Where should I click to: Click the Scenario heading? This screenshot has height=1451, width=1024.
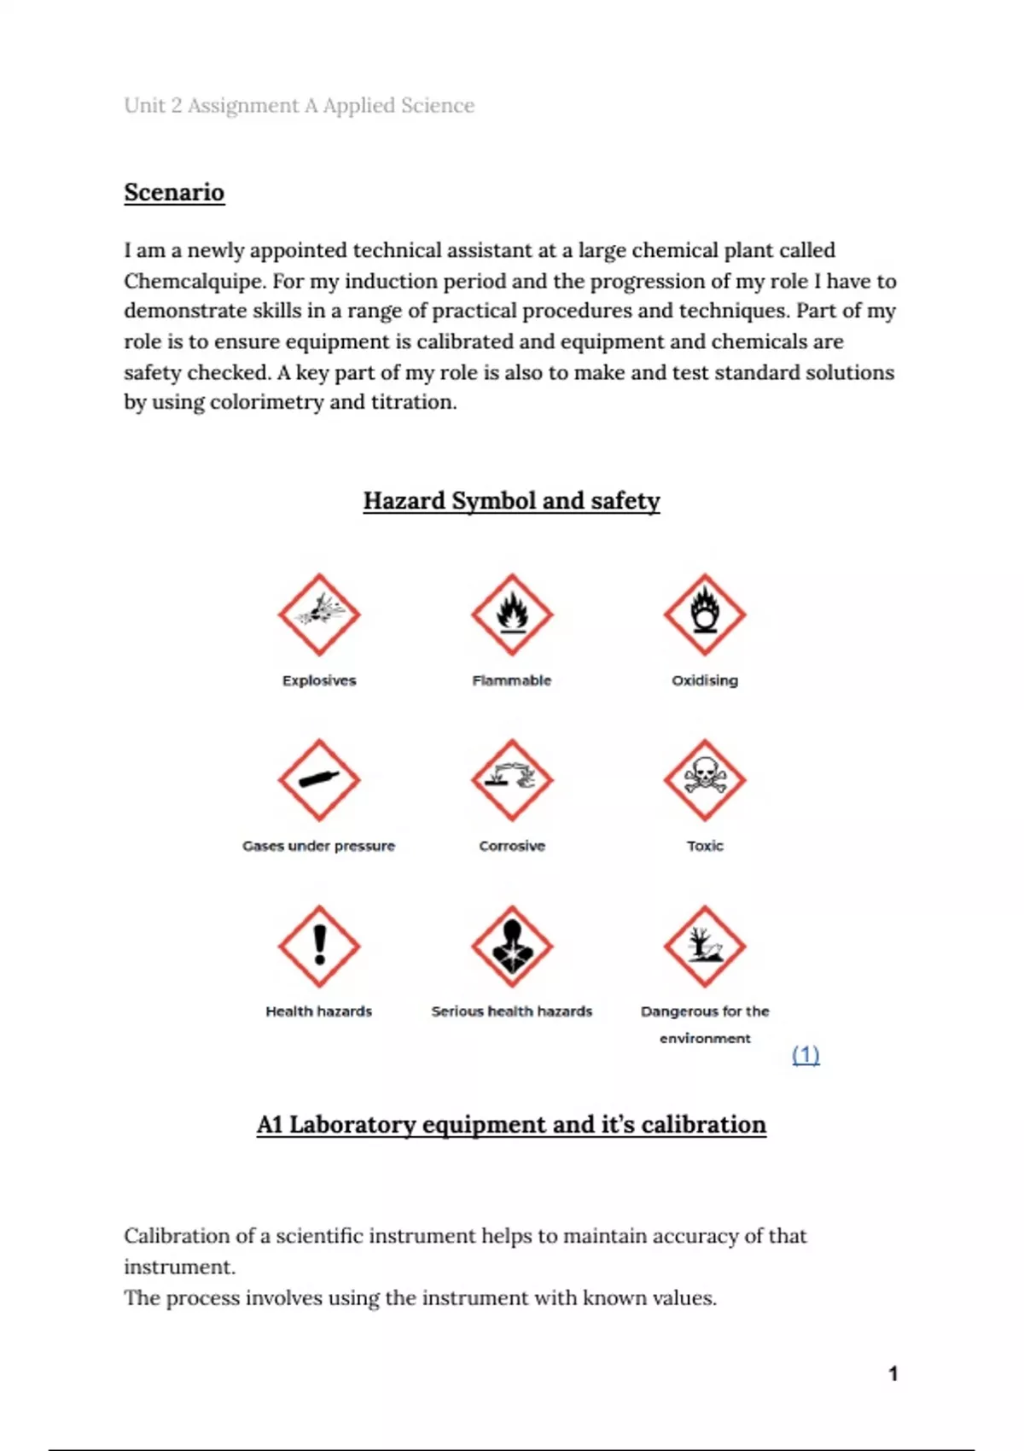[x=174, y=192]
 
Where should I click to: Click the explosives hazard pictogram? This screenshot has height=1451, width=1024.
[x=319, y=615]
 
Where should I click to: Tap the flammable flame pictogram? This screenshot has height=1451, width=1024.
[x=512, y=615]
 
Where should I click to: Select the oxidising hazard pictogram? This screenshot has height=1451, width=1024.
[x=705, y=615]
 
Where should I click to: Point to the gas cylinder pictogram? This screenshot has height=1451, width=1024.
[x=319, y=780]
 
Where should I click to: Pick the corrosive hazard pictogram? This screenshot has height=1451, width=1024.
[x=512, y=780]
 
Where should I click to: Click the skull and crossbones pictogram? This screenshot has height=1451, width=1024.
[x=705, y=780]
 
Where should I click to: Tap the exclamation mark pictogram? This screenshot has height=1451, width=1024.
[x=319, y=946]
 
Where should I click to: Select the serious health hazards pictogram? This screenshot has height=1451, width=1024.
[x=512, y=946]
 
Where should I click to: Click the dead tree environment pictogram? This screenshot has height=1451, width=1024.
[x=705, y=946]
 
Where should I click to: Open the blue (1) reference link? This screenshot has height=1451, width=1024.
[x=806, y=1055]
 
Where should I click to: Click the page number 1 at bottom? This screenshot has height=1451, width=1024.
[x=893, y=1373]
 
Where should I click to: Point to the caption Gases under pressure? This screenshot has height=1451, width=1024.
[x=319, y=846]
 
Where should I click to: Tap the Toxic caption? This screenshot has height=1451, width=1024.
[x=705, y=846]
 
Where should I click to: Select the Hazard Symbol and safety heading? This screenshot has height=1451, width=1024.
[x=511, y=501]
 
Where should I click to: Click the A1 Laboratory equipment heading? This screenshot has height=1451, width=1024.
[x=511, y=1124]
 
